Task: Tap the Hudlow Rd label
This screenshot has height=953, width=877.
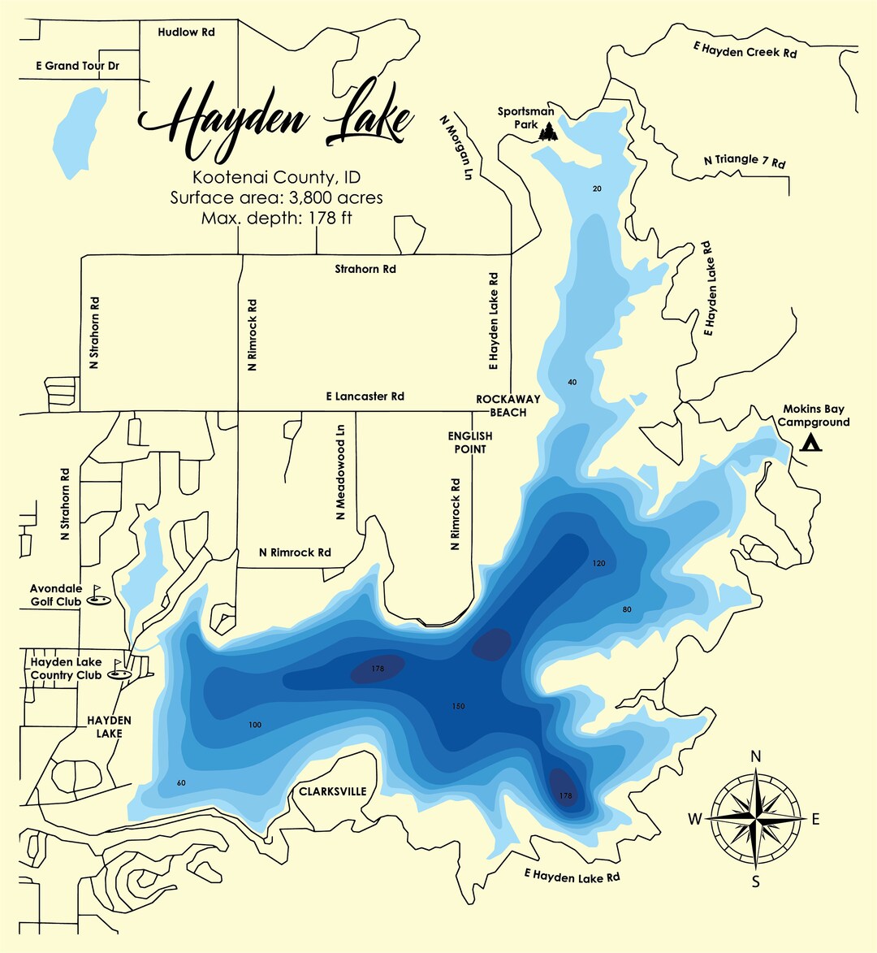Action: pyautogui.click(x=186, y=32)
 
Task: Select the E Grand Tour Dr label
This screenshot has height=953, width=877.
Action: pyautogui.click(x=78, y=66)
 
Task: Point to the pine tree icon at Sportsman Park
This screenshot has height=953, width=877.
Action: pyautogui.click(x=548, y=131)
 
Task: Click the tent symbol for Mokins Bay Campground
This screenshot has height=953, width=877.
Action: pyautogui.click(x=810, y=443)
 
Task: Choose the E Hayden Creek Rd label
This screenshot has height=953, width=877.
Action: pyautogui.click(x=745, y=50)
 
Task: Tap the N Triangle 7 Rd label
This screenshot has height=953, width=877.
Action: pyautogui.click(x=745, y=160)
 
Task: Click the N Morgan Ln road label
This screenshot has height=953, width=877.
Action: pyautogui.click(x=456, y=147)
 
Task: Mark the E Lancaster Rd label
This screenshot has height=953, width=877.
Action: pyautogui.click(x=365, y=396)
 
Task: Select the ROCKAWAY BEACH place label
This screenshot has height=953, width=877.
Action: pyautogui.click(x=508, y=405)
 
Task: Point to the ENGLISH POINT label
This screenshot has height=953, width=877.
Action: pyautogui.click(x=470, y=443)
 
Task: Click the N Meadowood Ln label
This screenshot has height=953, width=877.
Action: pyautogui.click(x=340, y=472)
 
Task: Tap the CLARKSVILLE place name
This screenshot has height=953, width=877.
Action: pyautogui.click(x=333, y=791)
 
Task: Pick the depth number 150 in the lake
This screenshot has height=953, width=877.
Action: pyautogui.click(x=458, y=706)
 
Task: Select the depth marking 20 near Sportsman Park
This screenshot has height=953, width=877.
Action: pyautogui.click(x=598, y=188)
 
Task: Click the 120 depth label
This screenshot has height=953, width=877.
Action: pyautogui.click(x=599, y=563)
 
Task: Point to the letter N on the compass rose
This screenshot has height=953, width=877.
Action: pyautogui.click(x=756, y=756)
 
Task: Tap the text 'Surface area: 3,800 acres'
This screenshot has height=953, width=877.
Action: pyautogui.click(x=276, y=197)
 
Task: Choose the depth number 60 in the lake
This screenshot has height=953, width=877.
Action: pyautogui.click(x=181, y=782)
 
